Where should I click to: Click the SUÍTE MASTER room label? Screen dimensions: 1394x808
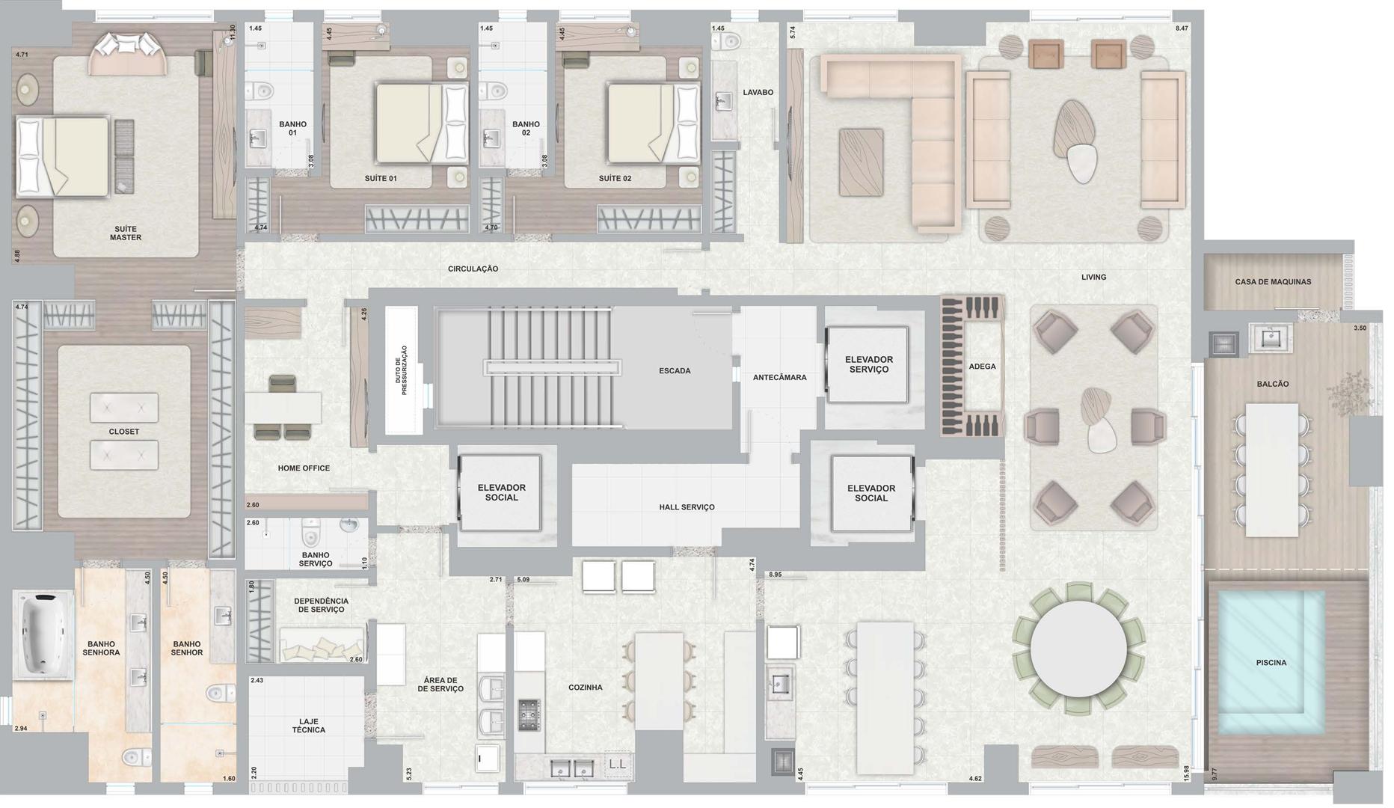pyautogui.click(x=126, y=233)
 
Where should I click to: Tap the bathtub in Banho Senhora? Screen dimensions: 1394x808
pyautogui.click(x=43, y=634)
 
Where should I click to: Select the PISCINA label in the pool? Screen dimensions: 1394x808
pyautogui.click(x=1271, y=663)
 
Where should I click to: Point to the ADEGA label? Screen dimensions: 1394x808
pyautogui.click(x=982, y=367)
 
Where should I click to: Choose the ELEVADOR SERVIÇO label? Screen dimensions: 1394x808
pyautogui.click(x=869, y=364)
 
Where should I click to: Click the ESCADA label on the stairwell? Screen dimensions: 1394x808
pyautogui.click(x=675, y=371)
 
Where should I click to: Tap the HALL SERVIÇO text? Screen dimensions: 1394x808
pyautogui.click(x=687, y=507)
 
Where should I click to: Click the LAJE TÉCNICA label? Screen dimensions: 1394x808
pyautogui.click(x=308, y=726)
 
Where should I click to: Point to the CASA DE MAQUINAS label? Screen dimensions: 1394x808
pyautogui.click(x=1273, y=282)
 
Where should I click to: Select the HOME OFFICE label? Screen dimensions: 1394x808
pyautogui.click(x=304, y=468)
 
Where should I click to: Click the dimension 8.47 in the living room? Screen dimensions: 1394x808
pyautogui.click(x=1182, y=28)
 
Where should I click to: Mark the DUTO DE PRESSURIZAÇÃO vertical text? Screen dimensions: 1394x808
pyautogui.click(x=404, y=370)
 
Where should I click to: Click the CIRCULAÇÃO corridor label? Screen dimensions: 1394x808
pyautogui.click(x=473, y=269)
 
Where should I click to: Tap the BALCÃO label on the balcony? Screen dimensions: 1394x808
pyautogui.click(x=1273, y=384)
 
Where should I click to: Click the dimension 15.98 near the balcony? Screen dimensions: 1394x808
pyautogui.click(x=1186, y=774)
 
